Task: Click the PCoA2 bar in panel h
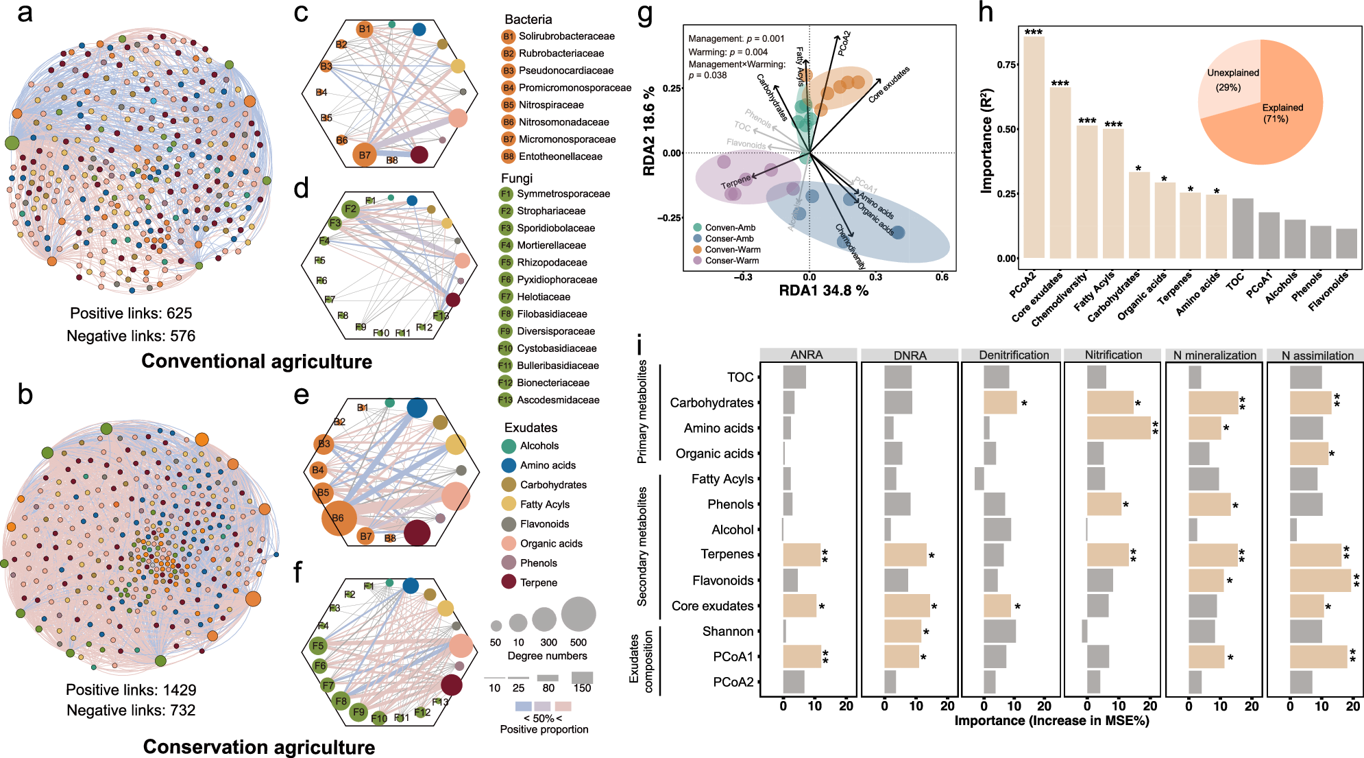click(x=1034, y=147)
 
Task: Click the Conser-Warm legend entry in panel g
click(x=731, y=261)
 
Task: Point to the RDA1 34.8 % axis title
click(x=823, y=291)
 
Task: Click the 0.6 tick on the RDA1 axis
click(x=942, y=277)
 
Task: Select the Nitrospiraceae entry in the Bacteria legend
click(x=551, y=105)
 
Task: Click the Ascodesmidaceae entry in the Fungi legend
click(x=558, y=400)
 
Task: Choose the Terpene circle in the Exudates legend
click(x=509, y=582)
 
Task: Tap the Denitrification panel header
click(x=1013, y=355)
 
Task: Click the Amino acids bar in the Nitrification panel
click(x=1118, y=428)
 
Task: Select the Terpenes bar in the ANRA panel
click(x=801, y=555)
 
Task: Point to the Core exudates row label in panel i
click(x=712, y=606)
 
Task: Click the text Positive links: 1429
click(x=131, y=690)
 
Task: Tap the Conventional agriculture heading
click(x=256, y=362)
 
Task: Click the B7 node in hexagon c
click(x=365, y=155)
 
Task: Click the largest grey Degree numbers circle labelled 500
click(x=579, y=614)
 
